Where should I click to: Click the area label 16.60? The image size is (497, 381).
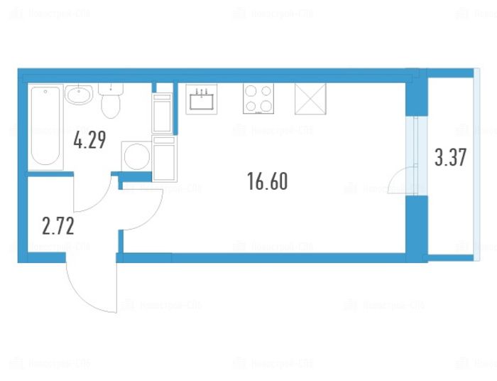coord(268,182)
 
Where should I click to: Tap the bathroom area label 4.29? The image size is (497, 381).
coord(89,140)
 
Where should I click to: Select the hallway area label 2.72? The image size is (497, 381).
coord(58,227)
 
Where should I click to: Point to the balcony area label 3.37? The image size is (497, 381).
coord(450,157)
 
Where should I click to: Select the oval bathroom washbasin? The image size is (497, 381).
coord(79,95)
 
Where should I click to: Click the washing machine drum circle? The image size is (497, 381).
coord(135,156)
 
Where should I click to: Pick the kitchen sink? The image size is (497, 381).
coord(204,100)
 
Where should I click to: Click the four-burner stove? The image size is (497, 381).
coord(258,99)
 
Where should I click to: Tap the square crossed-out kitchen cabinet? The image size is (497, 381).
coord(310,99)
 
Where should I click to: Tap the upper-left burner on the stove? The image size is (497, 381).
coord(251,91)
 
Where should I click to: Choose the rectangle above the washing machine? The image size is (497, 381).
coord(163,113)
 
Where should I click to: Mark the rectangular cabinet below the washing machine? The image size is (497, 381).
coord(165,160)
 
